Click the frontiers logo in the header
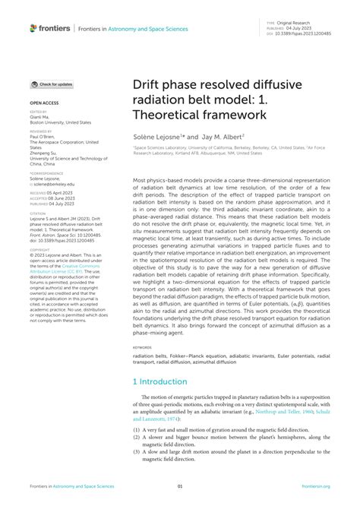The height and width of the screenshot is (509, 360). click(49, 28)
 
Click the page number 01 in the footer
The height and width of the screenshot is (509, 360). click(180, 487)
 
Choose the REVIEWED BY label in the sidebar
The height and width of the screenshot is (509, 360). click(41, 131)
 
